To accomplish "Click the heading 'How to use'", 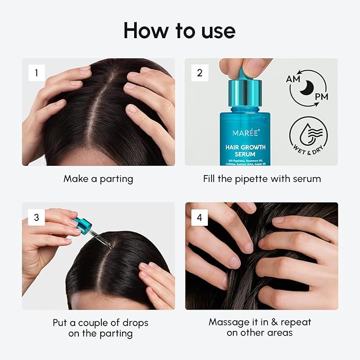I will point(179,31).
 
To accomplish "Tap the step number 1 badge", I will point(37,73).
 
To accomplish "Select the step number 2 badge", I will point(199,73).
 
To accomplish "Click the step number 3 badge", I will point(37,217).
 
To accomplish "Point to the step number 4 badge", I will point(199,217).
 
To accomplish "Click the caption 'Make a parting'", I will point(98,179).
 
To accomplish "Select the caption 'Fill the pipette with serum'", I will point(261,179).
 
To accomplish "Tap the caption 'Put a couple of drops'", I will point(100,323).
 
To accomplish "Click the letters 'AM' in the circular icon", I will point(293,78).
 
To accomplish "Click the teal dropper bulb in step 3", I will point(82,225).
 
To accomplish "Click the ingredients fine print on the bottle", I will point(243,161).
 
